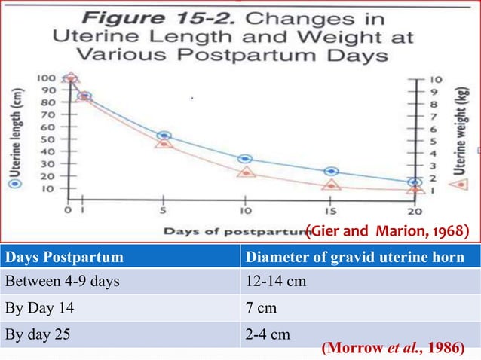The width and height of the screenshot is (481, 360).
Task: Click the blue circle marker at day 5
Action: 164,136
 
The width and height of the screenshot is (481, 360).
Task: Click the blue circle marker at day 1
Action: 84,96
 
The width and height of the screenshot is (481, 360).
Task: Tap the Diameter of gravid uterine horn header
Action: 360,258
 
